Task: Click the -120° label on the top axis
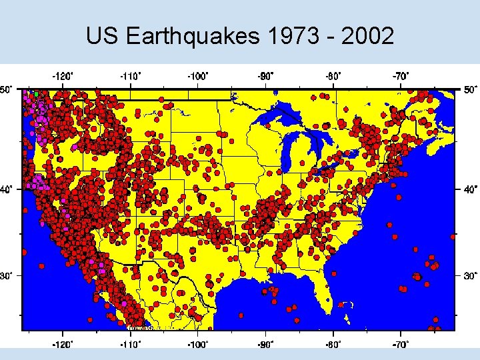click(63, 76)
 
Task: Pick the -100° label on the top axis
click(198, 76)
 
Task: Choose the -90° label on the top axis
click(266, 76)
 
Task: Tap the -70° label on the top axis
click(401, 76)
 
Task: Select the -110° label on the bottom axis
click(130, 345)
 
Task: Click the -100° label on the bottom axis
click(198, 345)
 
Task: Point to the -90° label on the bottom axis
click(266, 345)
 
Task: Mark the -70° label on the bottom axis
click(401, 345)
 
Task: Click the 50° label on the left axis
click(6, 89)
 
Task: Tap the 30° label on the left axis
click(6, 275)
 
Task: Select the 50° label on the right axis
click(471, 89)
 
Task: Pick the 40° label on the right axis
click(471, 189)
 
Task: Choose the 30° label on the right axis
click(471, 275)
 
